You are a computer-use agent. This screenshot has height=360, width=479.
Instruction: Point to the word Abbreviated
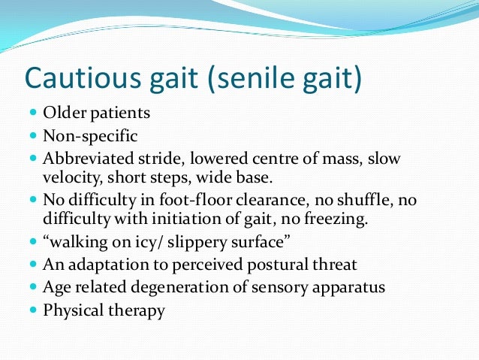click(88, 160)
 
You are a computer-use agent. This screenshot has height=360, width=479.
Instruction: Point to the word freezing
click(334, 219)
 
